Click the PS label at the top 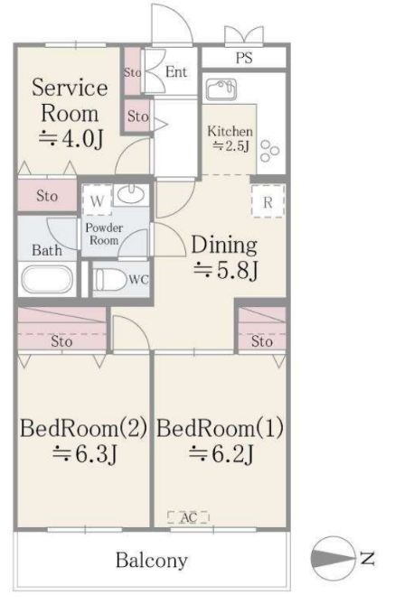(x=244, y=58)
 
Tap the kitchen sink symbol (x=221, y=89)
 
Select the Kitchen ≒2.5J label (x=230, y=138)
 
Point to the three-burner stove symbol (x=269, y=151)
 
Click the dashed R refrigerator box (x=268, y=201)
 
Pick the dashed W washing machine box (x=98, y=200)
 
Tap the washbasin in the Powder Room (x=131, y=195)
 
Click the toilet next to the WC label (x=110, y=279)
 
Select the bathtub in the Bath (x=47, y=279)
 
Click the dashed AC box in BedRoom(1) (x=189, y=517)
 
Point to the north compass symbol (x=332, y=557)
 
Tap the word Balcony (x=152, y=561)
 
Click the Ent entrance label (x=176, y=72)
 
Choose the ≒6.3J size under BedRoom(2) (x=84, y=454)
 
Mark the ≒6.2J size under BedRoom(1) (x=221, y=454)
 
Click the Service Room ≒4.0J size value (x=71, y=139)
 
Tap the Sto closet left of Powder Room (x=48, y=195)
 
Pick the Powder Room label (x=104, y=234)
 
